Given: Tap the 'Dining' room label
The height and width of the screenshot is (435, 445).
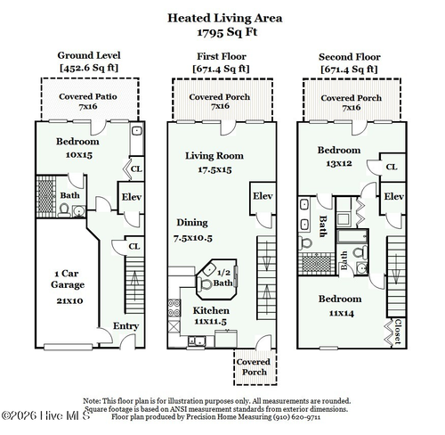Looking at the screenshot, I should pos(191,222).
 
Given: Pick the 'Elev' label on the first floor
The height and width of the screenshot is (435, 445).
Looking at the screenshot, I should pos(262,196).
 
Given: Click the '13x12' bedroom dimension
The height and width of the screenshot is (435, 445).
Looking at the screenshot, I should pos(340,163).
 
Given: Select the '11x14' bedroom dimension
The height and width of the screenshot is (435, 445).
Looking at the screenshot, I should pos(340,312).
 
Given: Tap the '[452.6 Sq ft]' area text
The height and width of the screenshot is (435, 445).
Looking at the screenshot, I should pos(88,68).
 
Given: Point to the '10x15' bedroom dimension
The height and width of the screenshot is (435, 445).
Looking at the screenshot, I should pos(77,155).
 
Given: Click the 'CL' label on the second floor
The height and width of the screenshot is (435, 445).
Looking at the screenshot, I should pos(392,168).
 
